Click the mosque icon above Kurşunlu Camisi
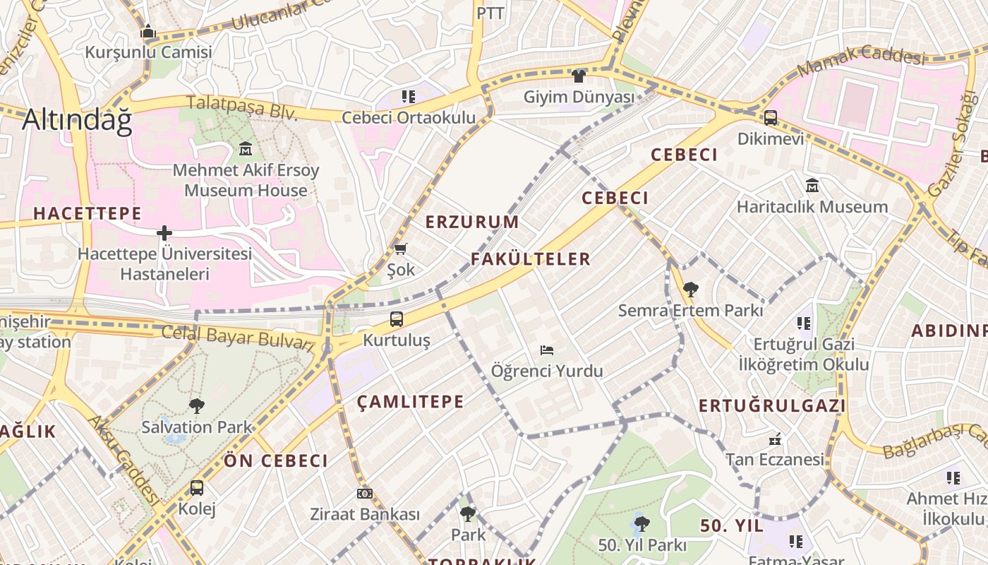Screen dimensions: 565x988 tap(148, 32)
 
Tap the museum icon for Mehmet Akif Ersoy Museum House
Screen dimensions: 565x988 tap(246, 149)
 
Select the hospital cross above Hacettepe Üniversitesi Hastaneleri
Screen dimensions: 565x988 tap(164, 232)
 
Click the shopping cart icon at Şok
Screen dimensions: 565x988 tap(401, 249)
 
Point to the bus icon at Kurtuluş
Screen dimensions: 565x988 tap(397, 319)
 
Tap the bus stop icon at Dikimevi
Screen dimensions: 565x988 tap(771, 118)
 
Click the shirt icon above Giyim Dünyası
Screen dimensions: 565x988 tap(579, 76)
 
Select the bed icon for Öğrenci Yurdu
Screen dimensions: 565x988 tap(547, 350)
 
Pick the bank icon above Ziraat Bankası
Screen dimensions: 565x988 tap(365, 494)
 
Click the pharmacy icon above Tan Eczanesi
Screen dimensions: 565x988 tap(775, 439)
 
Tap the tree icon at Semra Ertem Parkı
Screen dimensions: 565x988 tap(690, 290)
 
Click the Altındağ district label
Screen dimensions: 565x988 tap(77, 121)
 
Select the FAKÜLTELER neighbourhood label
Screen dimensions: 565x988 tap(531, 259)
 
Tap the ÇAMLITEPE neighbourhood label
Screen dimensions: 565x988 tap(410, 403)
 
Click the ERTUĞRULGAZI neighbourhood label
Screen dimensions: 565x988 tap(772, 406)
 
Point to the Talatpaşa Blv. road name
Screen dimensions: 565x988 tap(242, 108)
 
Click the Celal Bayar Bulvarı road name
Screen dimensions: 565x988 tap(238, 337)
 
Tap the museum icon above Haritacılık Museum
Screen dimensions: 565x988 tap(812, 186)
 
